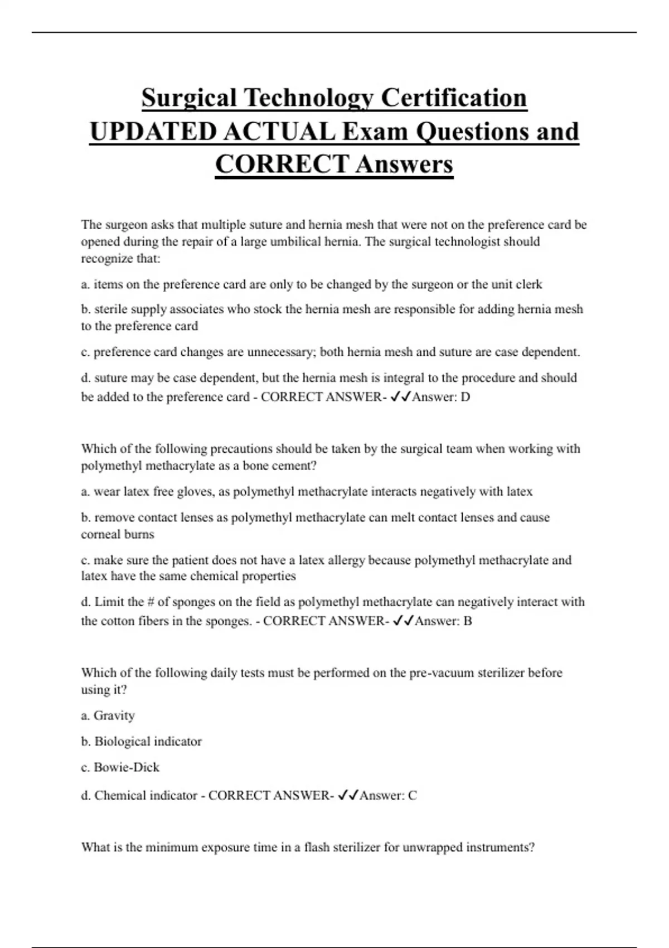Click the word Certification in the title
coord(454,98)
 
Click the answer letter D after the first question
coord(465,397)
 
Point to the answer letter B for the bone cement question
coord(467,621)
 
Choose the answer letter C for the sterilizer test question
coord(412,796)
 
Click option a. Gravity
coord(108,715)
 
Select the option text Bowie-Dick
coord(127,767)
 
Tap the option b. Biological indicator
coord(142,742)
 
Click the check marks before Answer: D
coord(401,397)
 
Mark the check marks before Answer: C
coord(348,796)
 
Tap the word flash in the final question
coord(317,848)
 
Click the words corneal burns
coord(118,534)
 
